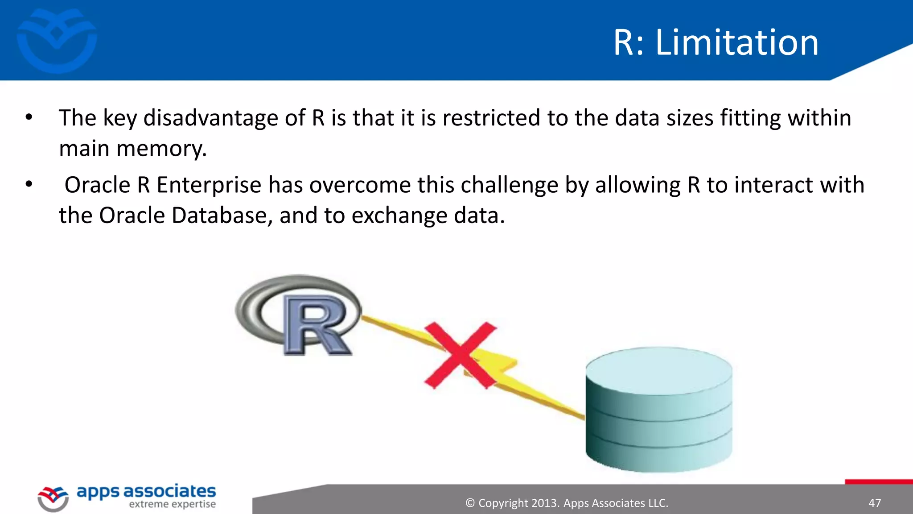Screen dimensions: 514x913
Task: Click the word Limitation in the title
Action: (736, 42)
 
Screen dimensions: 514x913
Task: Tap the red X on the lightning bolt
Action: (460, 355)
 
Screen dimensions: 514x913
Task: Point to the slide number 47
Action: (875, 503)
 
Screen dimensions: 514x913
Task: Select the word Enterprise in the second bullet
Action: (209, 185)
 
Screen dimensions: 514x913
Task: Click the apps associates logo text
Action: (146, 491)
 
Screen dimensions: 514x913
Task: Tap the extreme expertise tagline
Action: (172, 505)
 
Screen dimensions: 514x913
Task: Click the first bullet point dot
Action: (29, 118)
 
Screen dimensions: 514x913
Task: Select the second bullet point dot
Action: (29, 184)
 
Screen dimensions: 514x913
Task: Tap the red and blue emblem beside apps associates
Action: (53, 499)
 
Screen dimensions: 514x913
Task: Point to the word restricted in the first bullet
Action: (491, 118)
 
